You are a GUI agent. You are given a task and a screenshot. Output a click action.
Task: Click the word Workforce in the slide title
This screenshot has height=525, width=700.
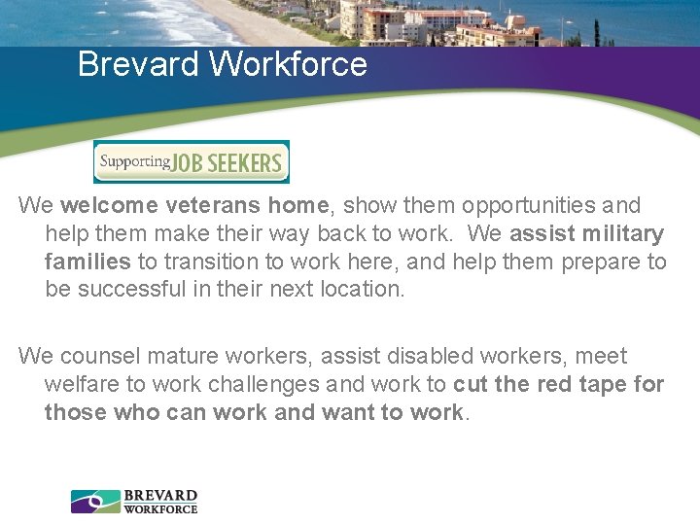click(288, 64)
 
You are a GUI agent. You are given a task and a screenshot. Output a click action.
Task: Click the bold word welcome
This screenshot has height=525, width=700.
click(109, 206)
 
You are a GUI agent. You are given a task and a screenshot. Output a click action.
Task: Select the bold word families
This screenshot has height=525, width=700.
click(87, 262)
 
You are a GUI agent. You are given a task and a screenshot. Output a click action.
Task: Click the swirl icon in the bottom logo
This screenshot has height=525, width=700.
click(95, 502)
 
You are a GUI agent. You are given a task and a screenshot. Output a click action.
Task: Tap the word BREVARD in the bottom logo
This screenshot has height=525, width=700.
click(160, 496)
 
